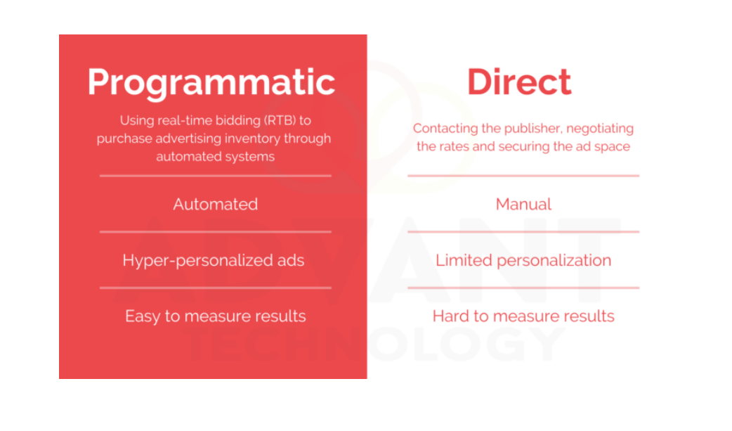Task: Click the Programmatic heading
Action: click(x=211, y=82)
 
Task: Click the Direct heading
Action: click(x=519, y=82)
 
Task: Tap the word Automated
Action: click(x=216, y=205)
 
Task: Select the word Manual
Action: click(x=523, y=205)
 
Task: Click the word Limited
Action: click(x=464, y=261)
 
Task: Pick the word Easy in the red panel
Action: click(x=143, y=316)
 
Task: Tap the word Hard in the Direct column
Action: click(x=450, y=316)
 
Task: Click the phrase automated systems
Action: click(x=215, y=156)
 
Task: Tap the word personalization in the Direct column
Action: click(x=554, y=261)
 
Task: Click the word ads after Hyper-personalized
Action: click(x=289, y=261)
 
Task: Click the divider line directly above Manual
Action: click(x=523, y=176)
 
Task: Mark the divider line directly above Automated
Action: click(x=215, y=176)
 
